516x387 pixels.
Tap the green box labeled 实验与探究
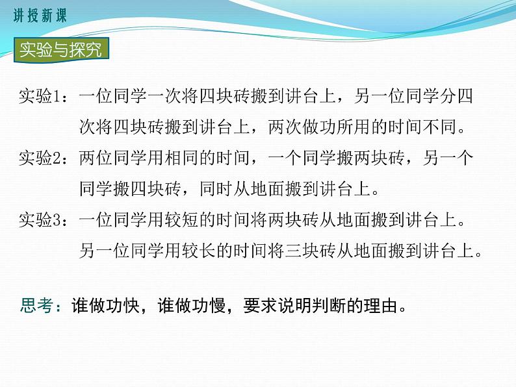[60, 50]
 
